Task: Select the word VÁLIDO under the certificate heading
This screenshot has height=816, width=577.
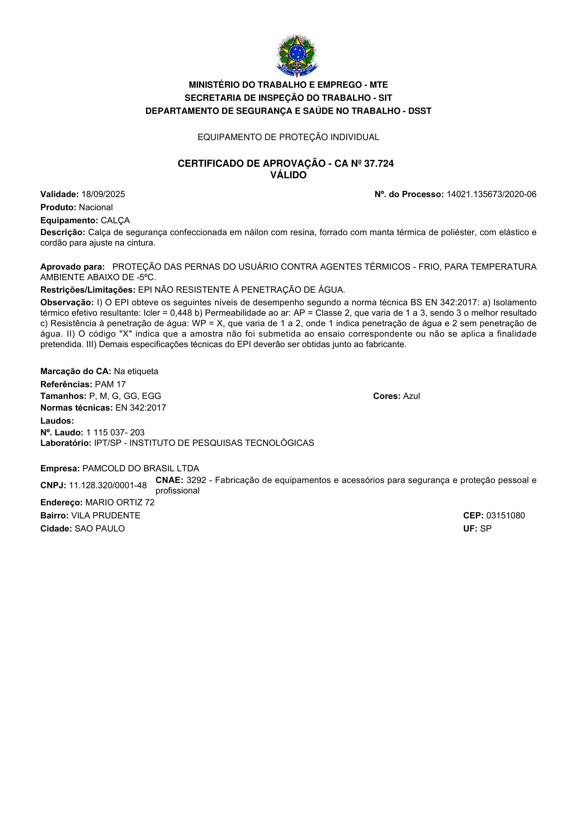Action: click(288, 175)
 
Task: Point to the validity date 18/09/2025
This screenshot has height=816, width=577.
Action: click(103, 194)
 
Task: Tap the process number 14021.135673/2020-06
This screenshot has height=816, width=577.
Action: click(491, 194)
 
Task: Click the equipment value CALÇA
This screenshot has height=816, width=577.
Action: click(115, 220)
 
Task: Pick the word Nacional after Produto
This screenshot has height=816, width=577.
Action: click(96, 207)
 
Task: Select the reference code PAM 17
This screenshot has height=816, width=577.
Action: click(110, 384)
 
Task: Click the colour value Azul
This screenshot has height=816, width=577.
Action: click(411, 396)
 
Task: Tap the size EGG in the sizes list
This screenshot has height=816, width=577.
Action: click(151, 396)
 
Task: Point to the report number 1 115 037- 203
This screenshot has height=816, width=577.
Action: click(115, 433)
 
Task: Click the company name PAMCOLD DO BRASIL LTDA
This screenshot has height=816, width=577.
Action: click(140, 469)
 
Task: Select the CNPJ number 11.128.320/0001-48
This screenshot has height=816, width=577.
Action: click(108, 486)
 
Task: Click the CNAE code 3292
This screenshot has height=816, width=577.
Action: click(196, 480)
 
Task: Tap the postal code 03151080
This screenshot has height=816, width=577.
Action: click(505, 516)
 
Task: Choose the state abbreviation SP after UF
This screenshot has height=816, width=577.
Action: click(486, 529)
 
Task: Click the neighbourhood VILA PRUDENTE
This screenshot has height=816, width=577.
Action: click(105, 516)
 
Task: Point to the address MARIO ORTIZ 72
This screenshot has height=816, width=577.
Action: click(120, 502)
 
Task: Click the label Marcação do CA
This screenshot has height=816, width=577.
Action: click(76, 372)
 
